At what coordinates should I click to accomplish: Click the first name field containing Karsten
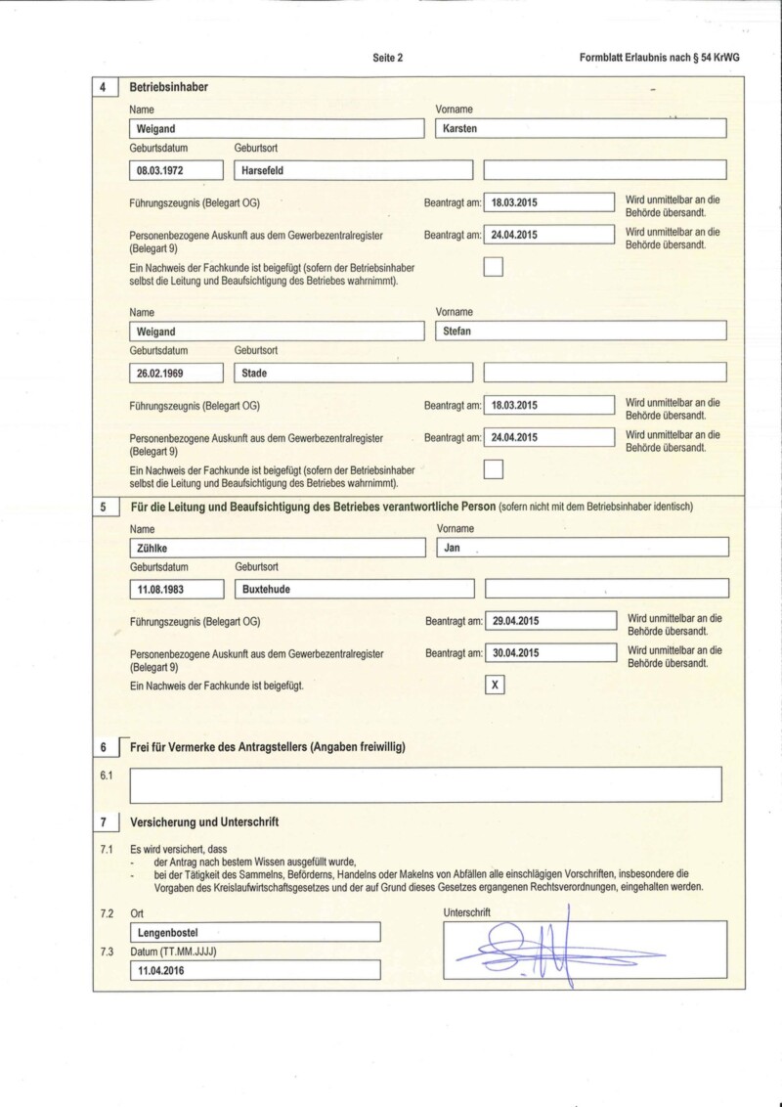[579, 128]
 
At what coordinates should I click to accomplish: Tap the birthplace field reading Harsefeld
[353, 169]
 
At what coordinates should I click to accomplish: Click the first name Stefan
[579, 331]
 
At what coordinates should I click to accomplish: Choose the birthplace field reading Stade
[353, 373]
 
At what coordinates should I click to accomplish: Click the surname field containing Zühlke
[277, 548]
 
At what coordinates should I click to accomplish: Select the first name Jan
[582, 548]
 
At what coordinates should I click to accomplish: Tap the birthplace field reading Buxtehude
[355, 589]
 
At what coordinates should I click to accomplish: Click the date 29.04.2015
[551, 620]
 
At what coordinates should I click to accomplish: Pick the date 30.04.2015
[551, 652]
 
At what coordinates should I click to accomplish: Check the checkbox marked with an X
[496, 685]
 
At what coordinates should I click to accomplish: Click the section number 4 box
[105, 87]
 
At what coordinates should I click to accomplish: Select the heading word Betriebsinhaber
[168, 87]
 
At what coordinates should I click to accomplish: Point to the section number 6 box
[105, 747]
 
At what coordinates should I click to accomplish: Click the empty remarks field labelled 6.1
[425, 784]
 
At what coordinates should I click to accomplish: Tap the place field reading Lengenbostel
[254, 932]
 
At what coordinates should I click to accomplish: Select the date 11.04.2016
[254, 970]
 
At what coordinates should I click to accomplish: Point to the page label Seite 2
[388, 58]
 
